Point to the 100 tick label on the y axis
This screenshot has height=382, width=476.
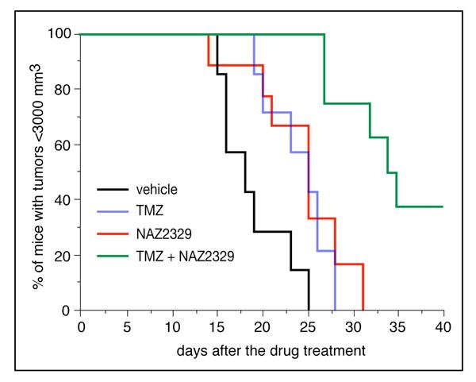tap(61, 34)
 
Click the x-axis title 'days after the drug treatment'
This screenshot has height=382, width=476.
tap(262, 350)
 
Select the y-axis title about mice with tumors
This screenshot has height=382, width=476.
tap(38, 172)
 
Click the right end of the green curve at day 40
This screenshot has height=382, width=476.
tap(443, 206)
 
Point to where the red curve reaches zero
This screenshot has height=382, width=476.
tap(363, 310)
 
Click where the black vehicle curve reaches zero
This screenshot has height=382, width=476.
tap(308, 310)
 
